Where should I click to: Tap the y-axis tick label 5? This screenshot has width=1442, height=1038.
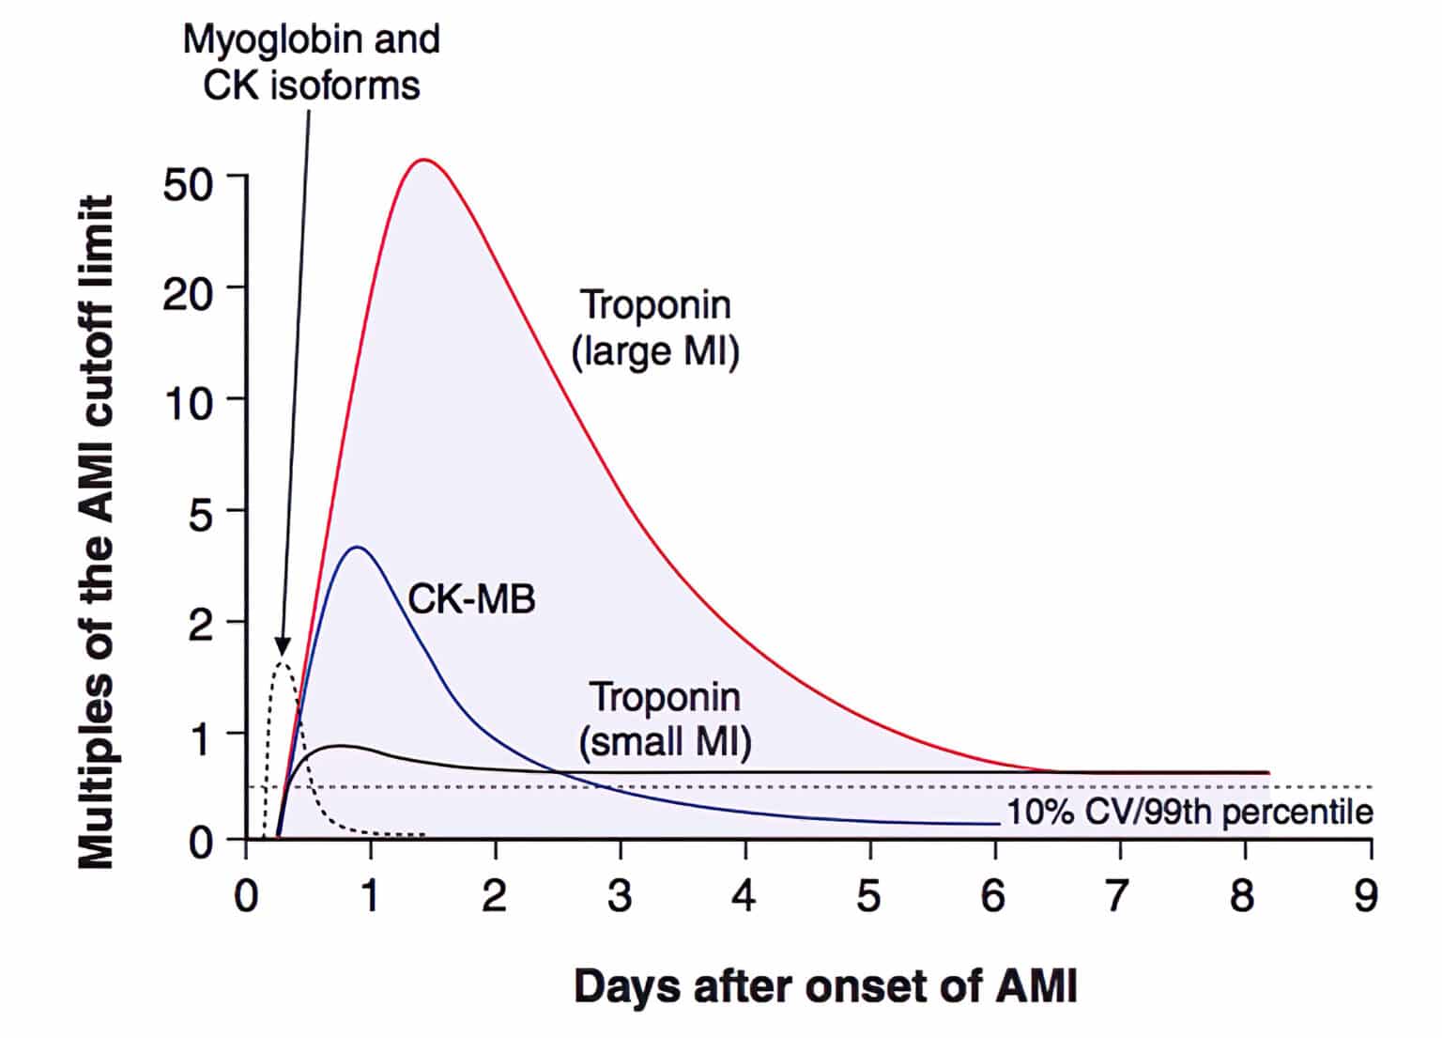click(x=202, y=515)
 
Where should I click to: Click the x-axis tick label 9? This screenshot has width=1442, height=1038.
click(x=1366, y=896)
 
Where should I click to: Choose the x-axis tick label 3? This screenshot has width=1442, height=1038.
click(x=620, y=896)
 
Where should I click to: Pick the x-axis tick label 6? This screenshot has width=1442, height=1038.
click(x=993, y=896)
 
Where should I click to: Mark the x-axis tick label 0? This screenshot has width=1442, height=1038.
click(x=246, y=896)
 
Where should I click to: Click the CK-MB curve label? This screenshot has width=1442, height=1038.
click(x=471, y=598)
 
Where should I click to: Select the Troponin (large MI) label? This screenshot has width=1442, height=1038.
click(x=655, y=328)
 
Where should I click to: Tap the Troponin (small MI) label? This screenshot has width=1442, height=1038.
click(x=665, y=720)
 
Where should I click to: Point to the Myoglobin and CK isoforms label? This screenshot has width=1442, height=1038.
click(x=312, y=62)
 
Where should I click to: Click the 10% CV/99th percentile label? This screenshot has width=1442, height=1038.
click(x=1189, y=812)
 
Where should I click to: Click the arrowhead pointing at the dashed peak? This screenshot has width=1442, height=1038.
click(x=283, y=646)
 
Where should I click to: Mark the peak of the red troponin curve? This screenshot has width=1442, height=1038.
click(x=424, y=160)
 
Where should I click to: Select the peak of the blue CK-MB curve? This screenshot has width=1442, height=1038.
click(x=358, y=547)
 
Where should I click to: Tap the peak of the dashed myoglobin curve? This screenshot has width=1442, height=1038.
click(x=282, y=663)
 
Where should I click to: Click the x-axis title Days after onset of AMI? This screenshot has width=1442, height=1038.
click(x=825, y=987)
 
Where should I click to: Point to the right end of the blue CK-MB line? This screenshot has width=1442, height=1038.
click(x=998, y=824)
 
